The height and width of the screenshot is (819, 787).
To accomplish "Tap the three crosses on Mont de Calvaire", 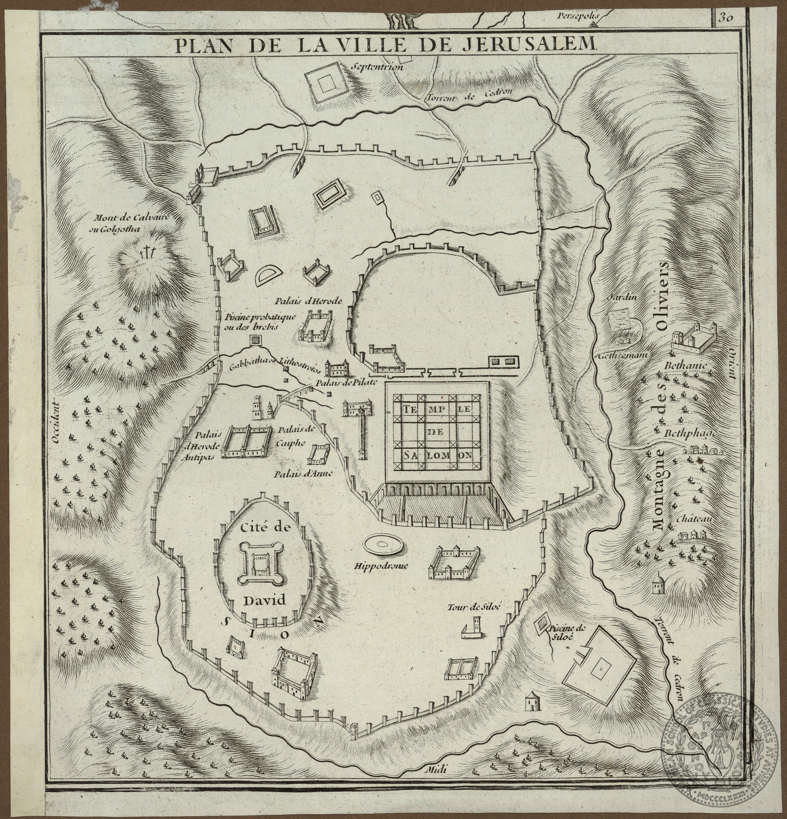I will click(147, 253).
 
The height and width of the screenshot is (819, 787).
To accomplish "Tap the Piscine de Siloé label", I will click(561, 633).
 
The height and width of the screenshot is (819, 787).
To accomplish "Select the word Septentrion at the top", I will click(378, 67).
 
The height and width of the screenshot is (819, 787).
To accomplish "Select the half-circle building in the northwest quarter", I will click(270, 277).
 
